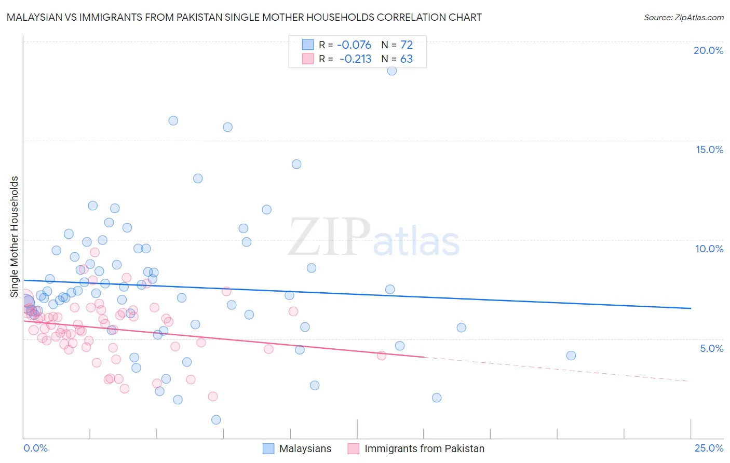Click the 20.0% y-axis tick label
(708, 50)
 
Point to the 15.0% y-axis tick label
(709, 149)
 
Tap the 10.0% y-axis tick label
(709, 249)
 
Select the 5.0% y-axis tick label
(711, 348)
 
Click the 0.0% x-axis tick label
(35, 448)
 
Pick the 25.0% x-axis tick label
(709, 448)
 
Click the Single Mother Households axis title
(14, 237)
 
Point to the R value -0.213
(355, 59)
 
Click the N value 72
(407, 45)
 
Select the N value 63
(407, 59)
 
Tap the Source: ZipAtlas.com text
(683, 17)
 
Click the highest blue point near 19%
(392, 71)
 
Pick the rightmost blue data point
(571, 356)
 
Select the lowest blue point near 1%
(216, 420)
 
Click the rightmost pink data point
(382, 356)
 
